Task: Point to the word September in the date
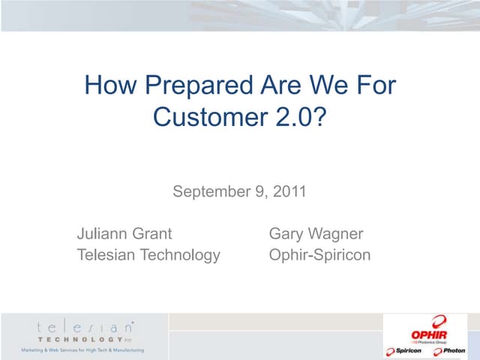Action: [x=210, y=191]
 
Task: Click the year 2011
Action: [x=290, y=191]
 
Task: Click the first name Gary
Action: [x=286, y=234]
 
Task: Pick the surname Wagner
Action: [x=335, y=234]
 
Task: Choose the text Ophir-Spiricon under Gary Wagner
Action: [x=319, y=255]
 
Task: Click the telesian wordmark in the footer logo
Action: [x=84, y=327]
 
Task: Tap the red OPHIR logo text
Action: [x=429, y=331]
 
